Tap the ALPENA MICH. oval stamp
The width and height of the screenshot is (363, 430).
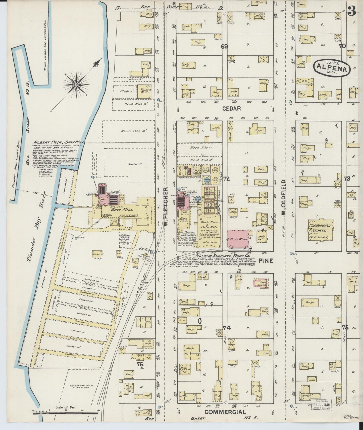[332, 67]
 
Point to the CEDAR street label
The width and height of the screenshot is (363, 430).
[231, 108]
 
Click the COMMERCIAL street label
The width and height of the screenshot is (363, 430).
[225, 412]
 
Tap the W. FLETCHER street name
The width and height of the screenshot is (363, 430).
[166, 206]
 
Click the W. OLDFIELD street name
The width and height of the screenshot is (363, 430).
[284, 197]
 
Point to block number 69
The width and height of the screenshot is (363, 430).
[224, 46]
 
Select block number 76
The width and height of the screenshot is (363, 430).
[140, 364]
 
